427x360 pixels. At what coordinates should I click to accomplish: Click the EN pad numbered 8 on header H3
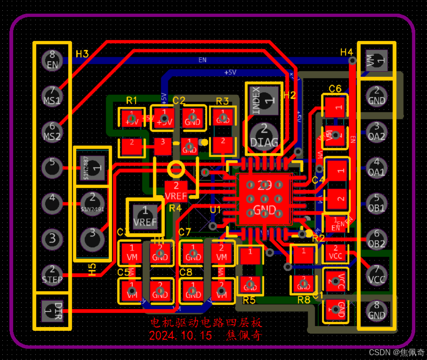[52, 60]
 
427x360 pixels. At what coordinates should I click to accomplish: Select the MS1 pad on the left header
[52, 96]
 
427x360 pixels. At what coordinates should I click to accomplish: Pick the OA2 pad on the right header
[377, 132]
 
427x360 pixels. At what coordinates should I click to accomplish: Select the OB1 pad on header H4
[377, 203]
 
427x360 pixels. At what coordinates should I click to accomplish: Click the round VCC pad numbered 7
[377, 275]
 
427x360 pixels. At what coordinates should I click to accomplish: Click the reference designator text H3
[82, 54]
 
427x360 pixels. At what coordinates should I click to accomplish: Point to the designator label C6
[335, 89]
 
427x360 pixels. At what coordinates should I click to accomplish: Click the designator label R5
[249, 300]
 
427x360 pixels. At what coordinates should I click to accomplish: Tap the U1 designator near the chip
[215, 209]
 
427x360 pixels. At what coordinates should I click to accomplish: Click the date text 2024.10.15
[181, 336]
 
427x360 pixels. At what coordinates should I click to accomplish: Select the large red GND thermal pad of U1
[264, 199]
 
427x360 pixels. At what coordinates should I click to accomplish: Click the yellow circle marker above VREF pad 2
[176, 168]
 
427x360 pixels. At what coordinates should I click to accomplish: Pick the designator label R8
[304, 299]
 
